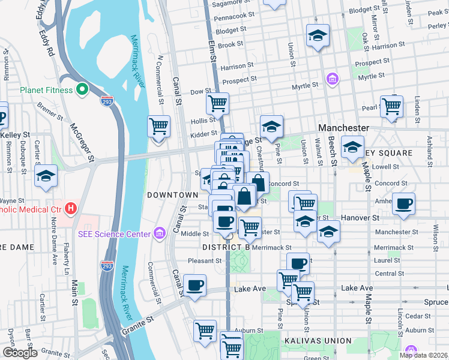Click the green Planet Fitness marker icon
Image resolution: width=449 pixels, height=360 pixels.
82,90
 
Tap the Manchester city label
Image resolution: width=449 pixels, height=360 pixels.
343,128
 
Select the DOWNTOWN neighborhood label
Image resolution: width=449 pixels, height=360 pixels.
173,195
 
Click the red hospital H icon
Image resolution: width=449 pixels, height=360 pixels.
71,209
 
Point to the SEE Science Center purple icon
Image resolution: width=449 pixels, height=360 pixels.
160,233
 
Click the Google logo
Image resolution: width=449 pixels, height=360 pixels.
20,352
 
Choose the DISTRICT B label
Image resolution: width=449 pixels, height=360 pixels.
226,247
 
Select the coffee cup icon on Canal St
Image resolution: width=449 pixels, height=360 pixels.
194,286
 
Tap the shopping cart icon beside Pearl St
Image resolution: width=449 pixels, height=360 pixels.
391,106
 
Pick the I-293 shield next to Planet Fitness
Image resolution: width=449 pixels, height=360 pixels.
107,101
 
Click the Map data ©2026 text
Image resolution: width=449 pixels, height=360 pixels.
423,355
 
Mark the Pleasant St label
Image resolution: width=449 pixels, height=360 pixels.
204,261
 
